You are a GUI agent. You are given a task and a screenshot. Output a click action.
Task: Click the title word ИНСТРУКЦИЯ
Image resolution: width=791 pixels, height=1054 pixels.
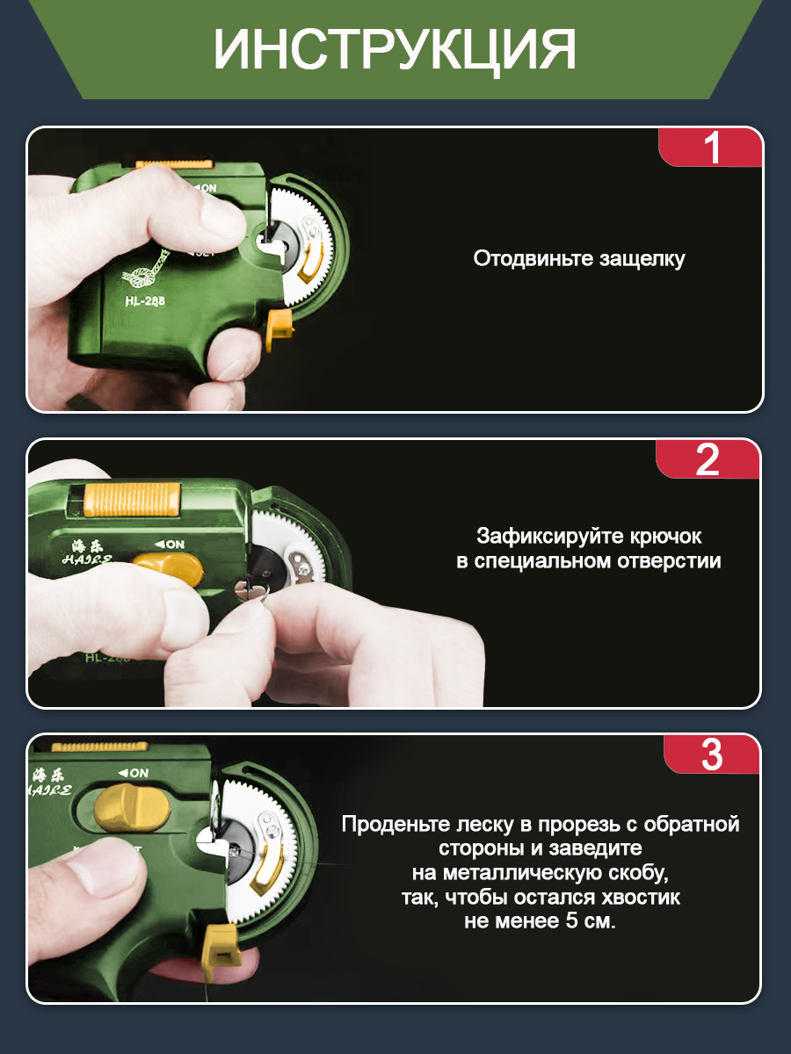tap(395, 50)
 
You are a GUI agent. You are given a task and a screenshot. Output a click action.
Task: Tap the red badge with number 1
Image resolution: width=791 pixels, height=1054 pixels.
tap(710, 148)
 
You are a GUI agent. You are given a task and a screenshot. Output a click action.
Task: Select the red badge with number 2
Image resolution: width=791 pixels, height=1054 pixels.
tap(708, 459)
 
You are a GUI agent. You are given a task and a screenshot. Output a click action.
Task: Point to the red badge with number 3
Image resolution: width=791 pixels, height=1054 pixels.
tap(711, 754)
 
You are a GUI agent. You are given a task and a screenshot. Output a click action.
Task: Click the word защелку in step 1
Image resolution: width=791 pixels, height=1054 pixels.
tap(642, 259)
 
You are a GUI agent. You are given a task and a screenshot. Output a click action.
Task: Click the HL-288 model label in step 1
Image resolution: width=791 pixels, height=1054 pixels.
tap(145, 301)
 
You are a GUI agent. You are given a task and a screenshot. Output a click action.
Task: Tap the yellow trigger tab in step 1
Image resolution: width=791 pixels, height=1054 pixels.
tap(279, 328)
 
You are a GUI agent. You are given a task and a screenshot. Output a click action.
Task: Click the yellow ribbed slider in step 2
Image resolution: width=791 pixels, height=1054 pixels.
tap(132, 500)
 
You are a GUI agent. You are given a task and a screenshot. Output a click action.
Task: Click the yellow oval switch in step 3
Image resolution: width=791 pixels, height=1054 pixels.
tap(131, 809)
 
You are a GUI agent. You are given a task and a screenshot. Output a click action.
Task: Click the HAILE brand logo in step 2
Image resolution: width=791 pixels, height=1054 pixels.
tap(87, 553)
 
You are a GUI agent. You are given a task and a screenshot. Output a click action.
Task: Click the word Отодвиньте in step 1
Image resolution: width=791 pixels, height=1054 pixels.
tap(533, 259)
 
